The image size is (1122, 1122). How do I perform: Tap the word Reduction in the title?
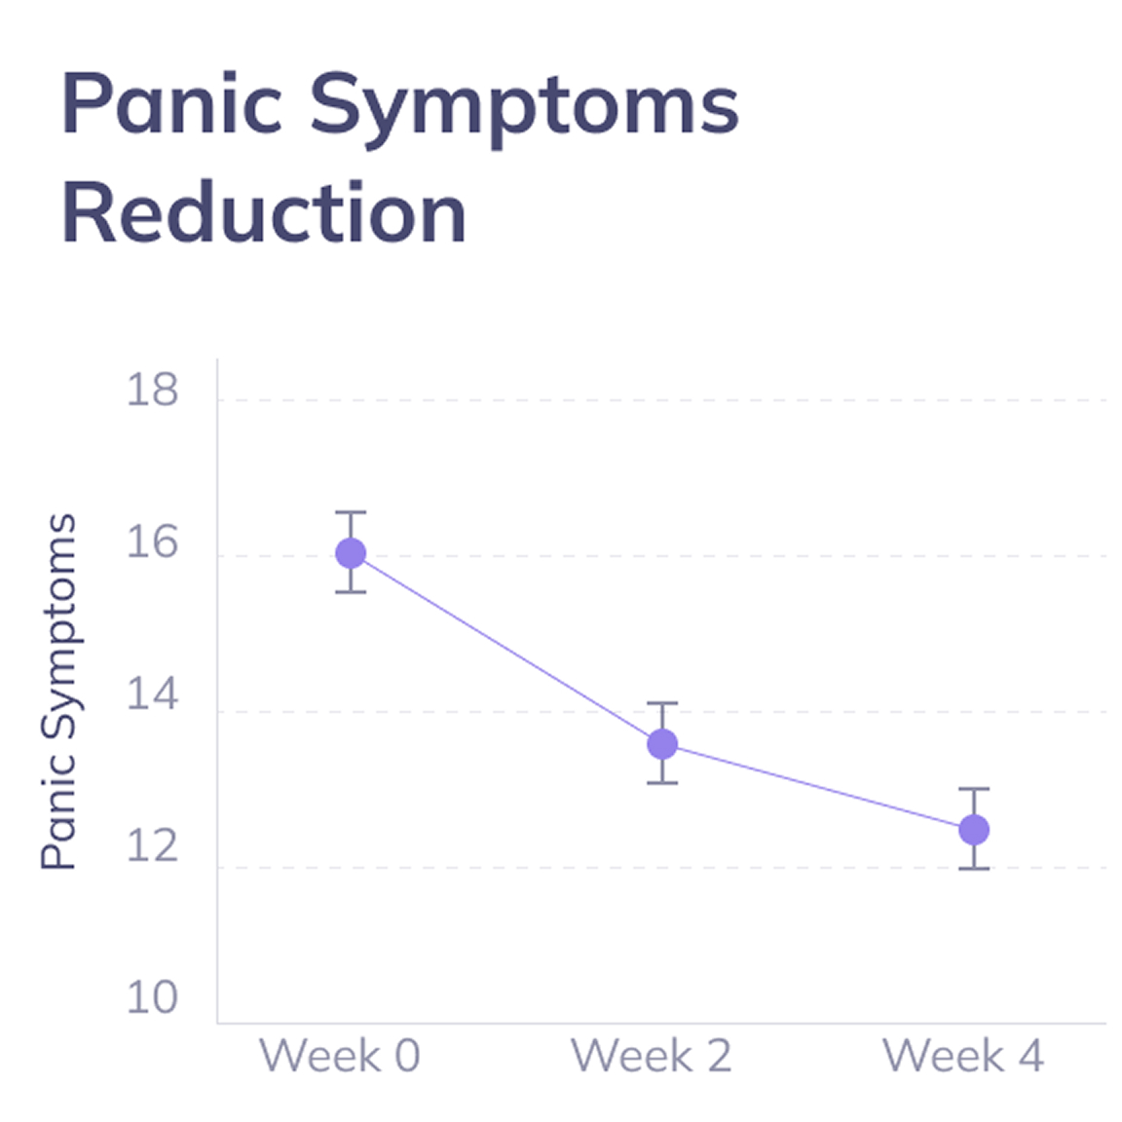264,213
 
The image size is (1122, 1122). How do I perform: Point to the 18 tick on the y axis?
153,390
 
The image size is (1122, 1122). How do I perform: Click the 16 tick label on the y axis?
153,542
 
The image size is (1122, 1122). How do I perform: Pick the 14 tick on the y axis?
153,695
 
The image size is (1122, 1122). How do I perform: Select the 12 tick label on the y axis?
153,846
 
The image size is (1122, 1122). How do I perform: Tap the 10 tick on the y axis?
153,998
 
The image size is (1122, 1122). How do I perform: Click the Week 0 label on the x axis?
339,1056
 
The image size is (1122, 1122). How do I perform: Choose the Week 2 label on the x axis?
651,1056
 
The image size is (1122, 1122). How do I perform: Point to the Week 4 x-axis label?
962,1056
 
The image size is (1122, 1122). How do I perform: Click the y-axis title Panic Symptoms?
58,692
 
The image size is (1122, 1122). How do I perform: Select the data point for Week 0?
351,553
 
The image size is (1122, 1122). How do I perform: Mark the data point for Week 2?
662,744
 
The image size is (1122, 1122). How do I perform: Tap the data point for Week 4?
974,830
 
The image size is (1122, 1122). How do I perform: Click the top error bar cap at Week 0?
351,512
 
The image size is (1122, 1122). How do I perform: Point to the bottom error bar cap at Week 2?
662,782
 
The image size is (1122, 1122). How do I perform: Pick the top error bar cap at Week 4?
974,789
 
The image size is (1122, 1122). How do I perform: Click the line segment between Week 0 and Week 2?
506,649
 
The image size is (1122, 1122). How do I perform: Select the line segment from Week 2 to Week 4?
818,787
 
